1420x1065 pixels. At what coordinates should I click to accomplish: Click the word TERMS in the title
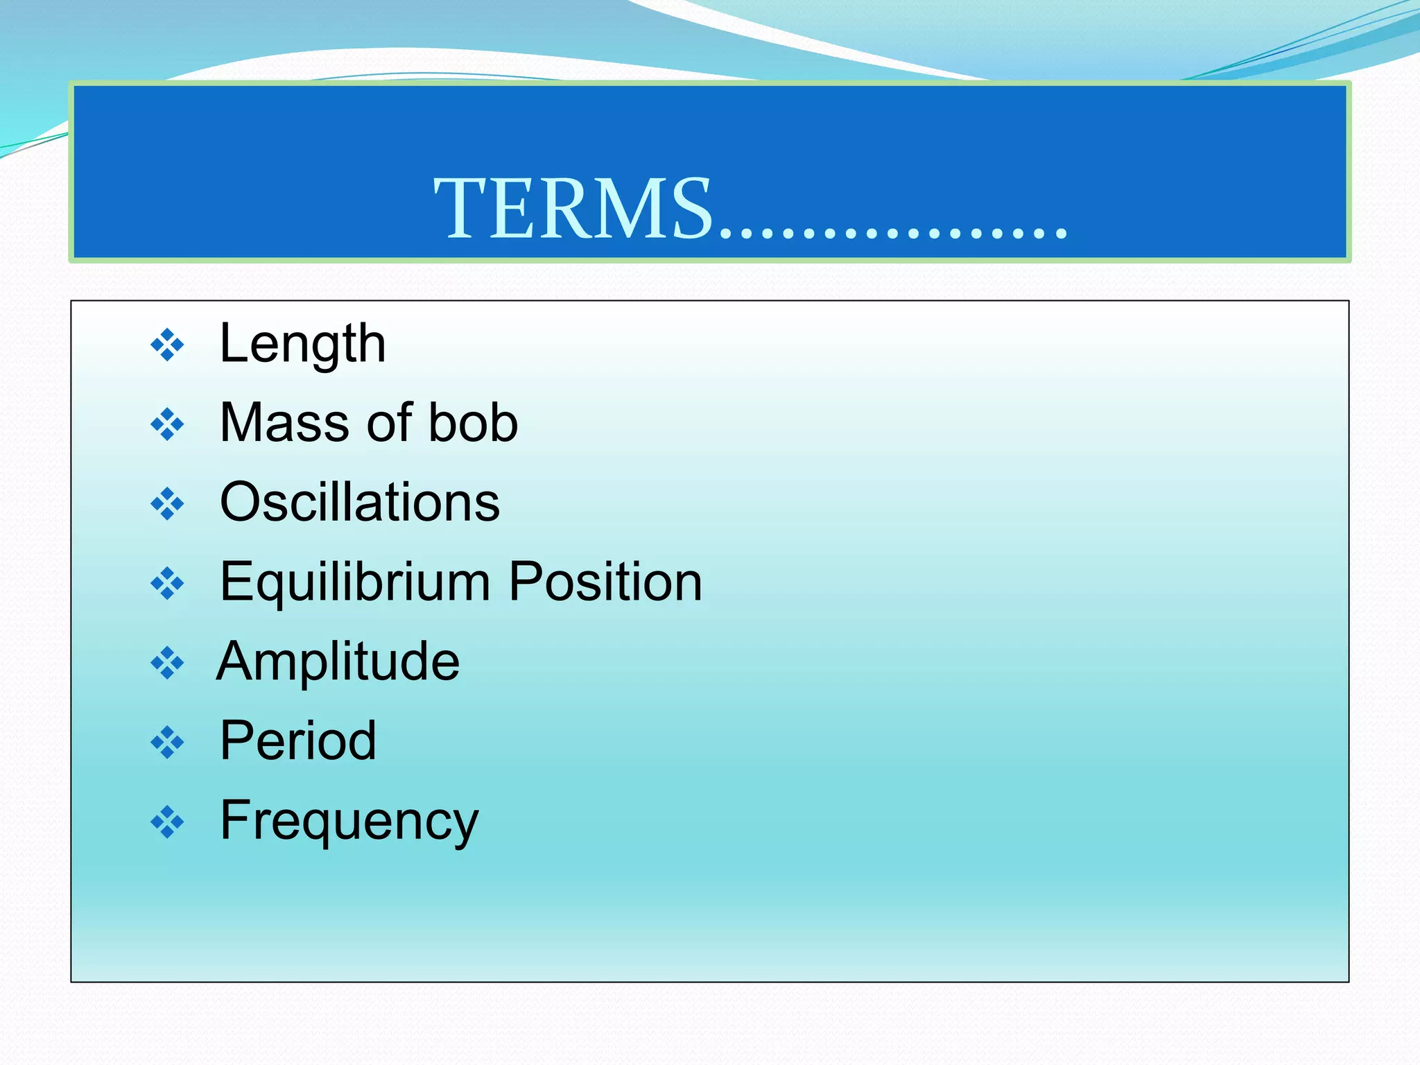tap(573, 208)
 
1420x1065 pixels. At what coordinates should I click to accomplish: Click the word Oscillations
tap(359, 502)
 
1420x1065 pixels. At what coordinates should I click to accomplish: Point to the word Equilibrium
tap(354, 582)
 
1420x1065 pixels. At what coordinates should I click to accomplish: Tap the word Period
tap(297, 741)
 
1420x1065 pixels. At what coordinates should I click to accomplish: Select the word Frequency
tap(349, 821)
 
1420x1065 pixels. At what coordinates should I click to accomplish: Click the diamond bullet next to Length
tap(168, 345)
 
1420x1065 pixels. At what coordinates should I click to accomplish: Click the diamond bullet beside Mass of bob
tap(168, 424)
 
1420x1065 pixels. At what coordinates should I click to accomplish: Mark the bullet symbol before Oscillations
tap(168, 504)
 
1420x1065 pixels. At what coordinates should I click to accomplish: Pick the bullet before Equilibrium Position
tap(168, 583)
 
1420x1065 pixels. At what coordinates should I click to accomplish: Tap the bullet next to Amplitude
tap(168, 663)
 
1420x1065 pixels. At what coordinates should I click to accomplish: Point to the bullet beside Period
tap(168, 743)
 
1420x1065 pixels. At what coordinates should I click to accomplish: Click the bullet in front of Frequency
tap(168, 822)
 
